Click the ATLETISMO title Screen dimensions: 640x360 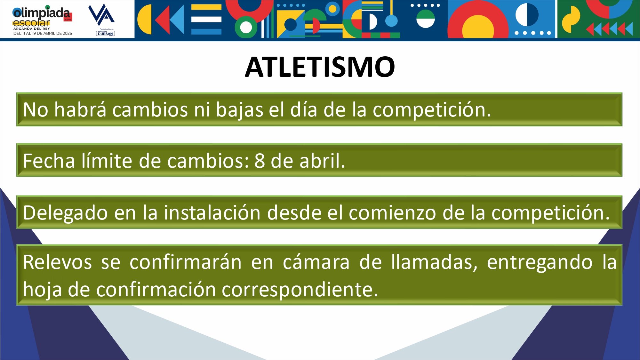click(320, 67)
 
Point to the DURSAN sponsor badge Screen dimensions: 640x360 click(105, 33)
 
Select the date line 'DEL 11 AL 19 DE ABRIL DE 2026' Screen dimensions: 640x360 click(43, 33)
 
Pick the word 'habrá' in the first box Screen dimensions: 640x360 click(80, 109)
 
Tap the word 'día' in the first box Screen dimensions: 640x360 click(303, 109)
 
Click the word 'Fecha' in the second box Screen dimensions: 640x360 click(49, 161)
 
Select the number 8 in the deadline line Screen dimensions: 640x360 click(260, 161)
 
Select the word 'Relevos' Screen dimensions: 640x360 click(58, 262)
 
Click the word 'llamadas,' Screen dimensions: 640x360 click(435, 262)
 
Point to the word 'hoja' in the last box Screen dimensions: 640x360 click(42, 290)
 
